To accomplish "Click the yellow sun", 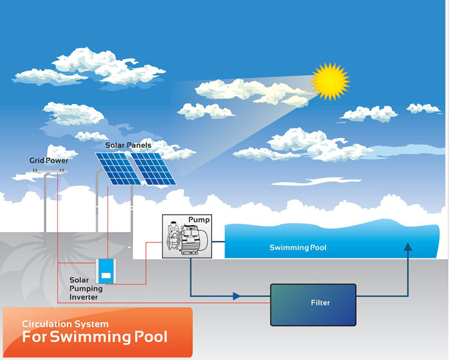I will coord(330,82).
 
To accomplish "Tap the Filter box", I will coord(313,304).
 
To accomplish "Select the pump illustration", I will coord(186,237).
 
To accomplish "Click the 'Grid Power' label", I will coord(48,160).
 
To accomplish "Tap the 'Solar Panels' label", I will coord(129,145).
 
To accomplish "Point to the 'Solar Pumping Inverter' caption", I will coord(85,289).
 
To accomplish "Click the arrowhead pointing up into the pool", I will coord(408,246).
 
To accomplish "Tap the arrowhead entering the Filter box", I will coord(237,296).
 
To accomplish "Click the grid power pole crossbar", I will coord(48,172).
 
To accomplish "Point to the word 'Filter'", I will coord(320,303).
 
